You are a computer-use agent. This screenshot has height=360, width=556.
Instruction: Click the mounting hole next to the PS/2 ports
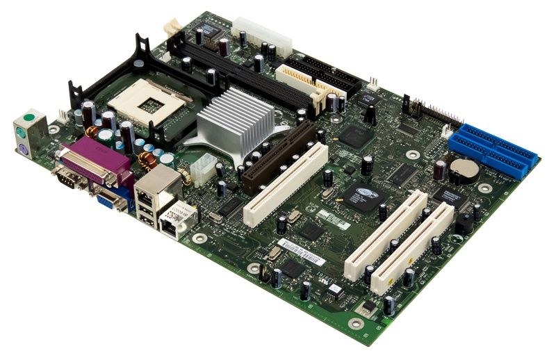tap(54, 129)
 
